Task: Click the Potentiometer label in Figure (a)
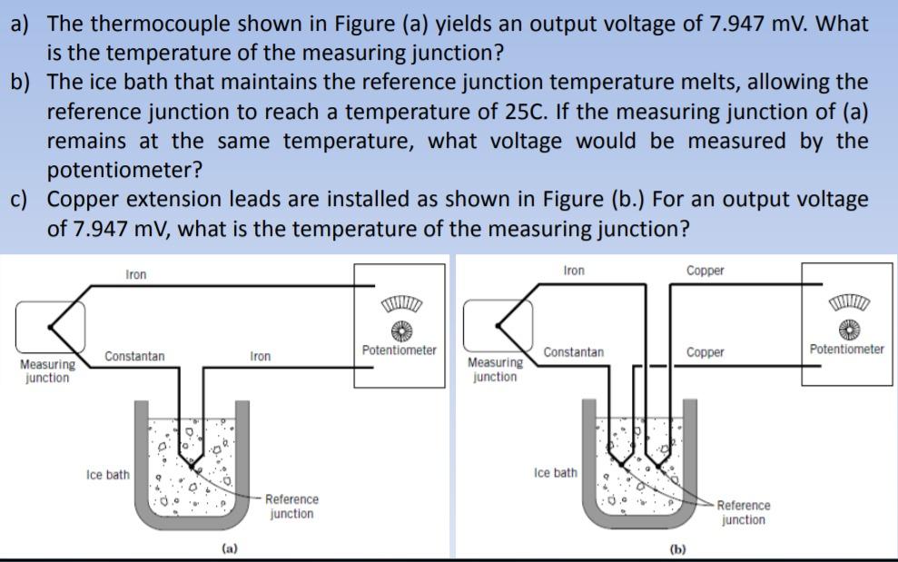point(399,350)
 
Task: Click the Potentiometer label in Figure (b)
point(846,349)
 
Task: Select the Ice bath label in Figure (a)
point(107,475)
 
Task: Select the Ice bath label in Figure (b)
point(555,473)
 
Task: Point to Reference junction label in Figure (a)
point(291,507)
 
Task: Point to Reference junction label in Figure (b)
point(743,513)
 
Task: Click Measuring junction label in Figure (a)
point(46,371)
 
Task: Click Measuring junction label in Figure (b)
point(495,370)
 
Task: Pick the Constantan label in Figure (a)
point(134,357)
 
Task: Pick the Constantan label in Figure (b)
point(574,351)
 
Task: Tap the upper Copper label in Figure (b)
point(706,271)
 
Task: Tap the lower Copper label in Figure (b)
point(706,352)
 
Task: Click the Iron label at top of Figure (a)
point(135,274)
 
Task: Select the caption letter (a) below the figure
point(231,548)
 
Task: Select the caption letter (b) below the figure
point(677,549)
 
